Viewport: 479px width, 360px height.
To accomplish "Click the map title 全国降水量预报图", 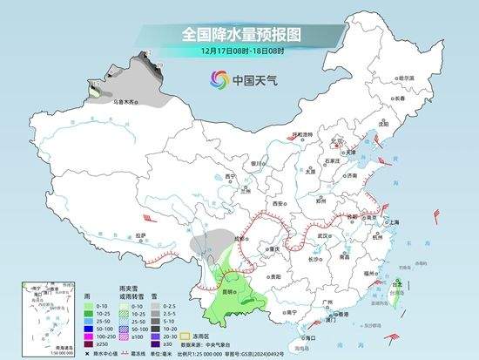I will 240,34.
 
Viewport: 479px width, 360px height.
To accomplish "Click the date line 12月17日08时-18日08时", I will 240,51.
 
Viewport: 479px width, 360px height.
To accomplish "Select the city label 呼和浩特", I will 302,135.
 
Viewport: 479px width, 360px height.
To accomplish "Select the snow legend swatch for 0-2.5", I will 154,307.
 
